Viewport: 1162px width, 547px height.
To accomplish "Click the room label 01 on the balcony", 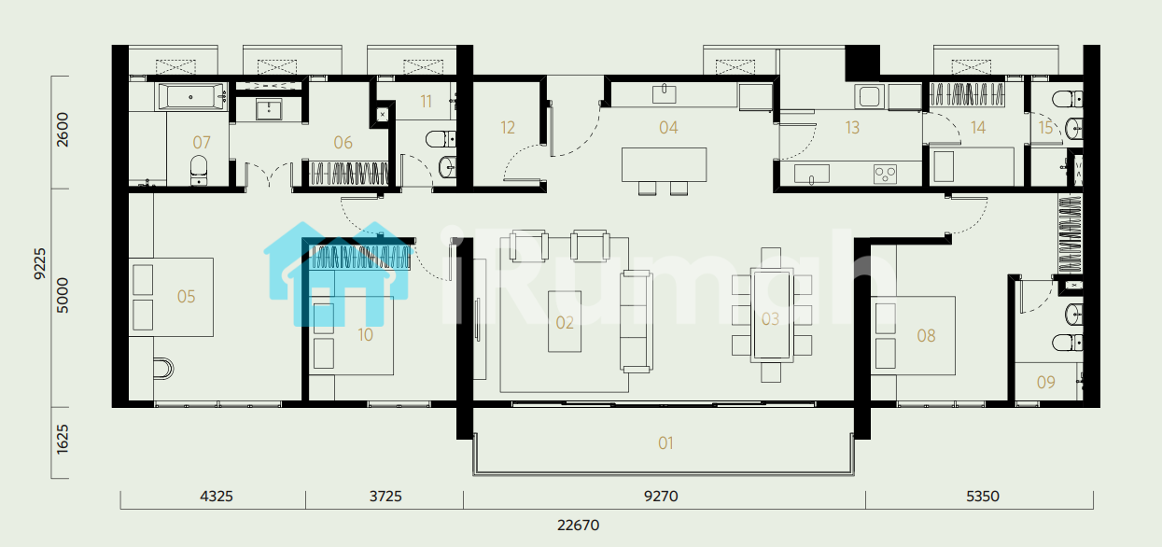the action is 665,442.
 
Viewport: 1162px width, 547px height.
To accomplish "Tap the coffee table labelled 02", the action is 565,321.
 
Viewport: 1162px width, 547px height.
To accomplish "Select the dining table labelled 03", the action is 771,315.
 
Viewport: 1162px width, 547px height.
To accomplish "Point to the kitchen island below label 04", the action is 664,164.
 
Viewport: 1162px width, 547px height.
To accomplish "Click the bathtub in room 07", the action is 191,96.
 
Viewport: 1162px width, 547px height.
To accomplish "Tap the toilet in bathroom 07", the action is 199,170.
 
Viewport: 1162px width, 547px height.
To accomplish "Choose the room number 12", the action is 508,128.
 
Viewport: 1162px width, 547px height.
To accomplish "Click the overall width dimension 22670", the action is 578,526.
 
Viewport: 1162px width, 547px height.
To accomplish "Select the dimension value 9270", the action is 661,497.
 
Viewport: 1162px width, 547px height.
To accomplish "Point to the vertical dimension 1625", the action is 62,439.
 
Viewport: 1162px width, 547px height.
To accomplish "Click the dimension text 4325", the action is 217,497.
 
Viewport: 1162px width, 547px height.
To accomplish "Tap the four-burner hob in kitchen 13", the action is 885,174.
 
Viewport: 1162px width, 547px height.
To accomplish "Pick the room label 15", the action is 1045,128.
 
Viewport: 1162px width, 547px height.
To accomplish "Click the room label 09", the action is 1045,383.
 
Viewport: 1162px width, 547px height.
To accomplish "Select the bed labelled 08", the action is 913,335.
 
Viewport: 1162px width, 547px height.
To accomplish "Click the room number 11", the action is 426,101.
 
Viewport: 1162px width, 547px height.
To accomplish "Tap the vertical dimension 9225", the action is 40,263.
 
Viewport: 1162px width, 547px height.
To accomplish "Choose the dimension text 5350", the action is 983,497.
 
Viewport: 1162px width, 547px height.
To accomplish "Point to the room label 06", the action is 343,142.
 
